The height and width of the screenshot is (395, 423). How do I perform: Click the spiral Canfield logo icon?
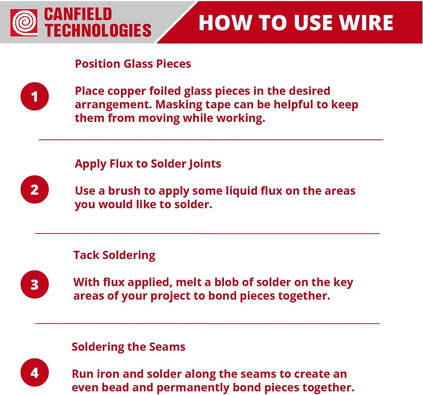pyautogui.click(x=24, y=22)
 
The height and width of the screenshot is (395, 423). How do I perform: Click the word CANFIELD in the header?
pyautogui.click(x=78, y=14)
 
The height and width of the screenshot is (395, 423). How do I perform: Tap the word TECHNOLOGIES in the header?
pyautogui.click(x=98, y=31)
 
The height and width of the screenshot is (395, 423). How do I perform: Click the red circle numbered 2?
pyautogui.click(x=35, y=190)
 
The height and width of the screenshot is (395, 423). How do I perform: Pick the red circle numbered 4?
pyautogui.click(x=35, y=373)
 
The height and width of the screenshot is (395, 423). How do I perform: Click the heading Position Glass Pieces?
pyautogui.click(x=133, y=64)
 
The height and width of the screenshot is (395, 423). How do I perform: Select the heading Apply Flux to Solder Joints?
pyautogui.click(x=148, y=164)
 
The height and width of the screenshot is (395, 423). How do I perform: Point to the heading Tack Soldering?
pyautogui.click(x=114, y=255)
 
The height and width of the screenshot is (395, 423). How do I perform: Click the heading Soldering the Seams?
pyautogui.click(x=128, y=346)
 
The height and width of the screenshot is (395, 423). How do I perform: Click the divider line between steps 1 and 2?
pyautogui.click(x=211, y=140)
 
